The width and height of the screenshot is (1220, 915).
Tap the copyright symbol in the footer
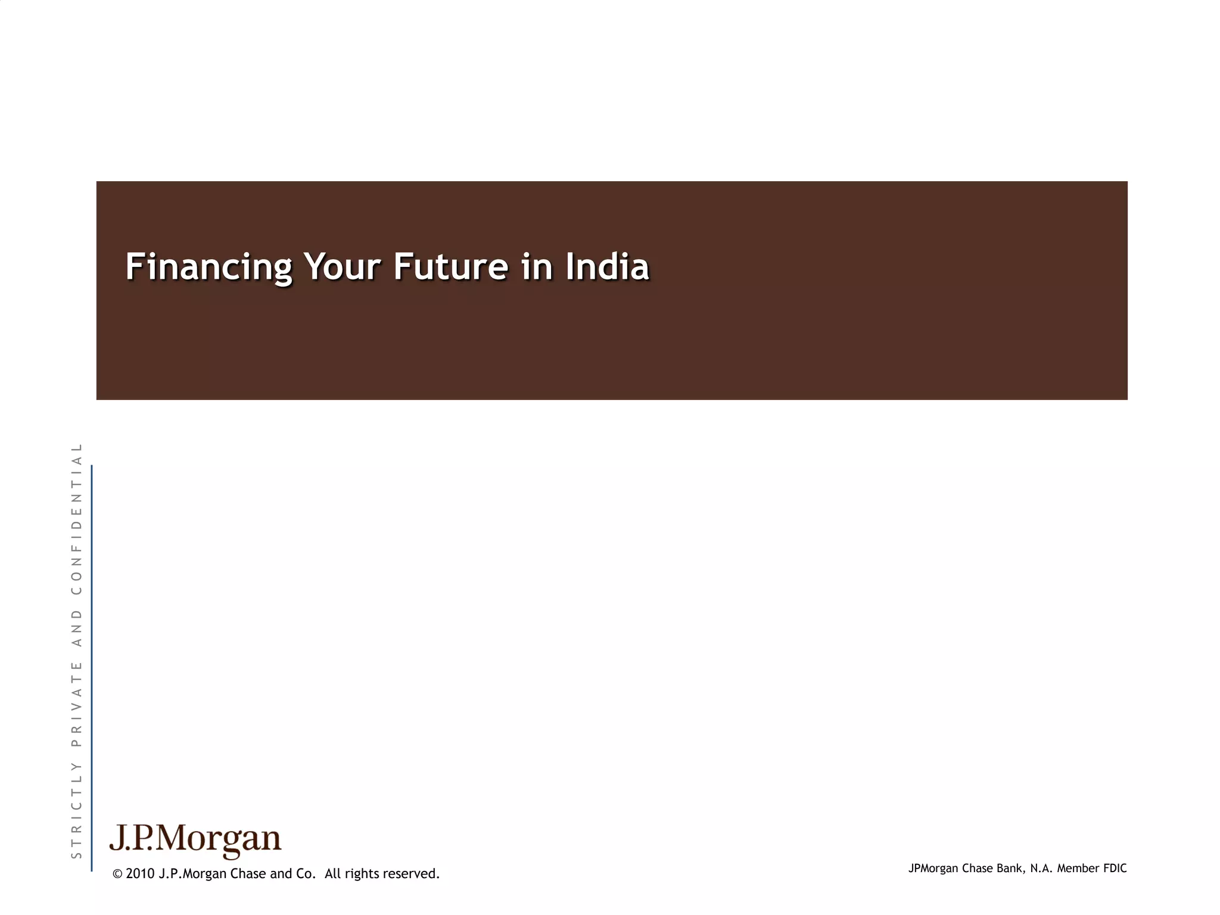(117, 874)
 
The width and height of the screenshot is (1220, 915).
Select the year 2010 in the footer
(140, 874)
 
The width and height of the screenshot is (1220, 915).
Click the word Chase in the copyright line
(248, 874)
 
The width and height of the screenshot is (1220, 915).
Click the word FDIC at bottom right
(1115, 869)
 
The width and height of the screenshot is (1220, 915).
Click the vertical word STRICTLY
(76, 810)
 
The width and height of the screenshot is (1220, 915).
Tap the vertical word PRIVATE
(76, 704)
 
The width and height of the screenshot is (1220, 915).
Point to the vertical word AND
(76, 628)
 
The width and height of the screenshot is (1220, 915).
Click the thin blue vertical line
(92, 667)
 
